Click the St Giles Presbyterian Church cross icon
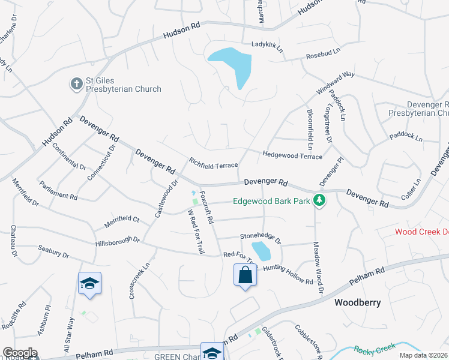pyautogui.click(x=76, y=84)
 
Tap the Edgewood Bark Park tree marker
pyautogui.click(x=321, y=201)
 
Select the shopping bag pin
pyautogui.click(x=245, y=275)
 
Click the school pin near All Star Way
pyautogui.click(x=89, y=283)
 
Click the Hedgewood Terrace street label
pyautogui.click(x=292, y=155)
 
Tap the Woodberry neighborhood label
pyautogui.click(x=357, y=302)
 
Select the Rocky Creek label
pyautogui.click(x=375, y=349)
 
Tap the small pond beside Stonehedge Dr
pyautogui.click(x=261, y=251)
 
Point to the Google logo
pyautogui.click(x=20, y=353)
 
